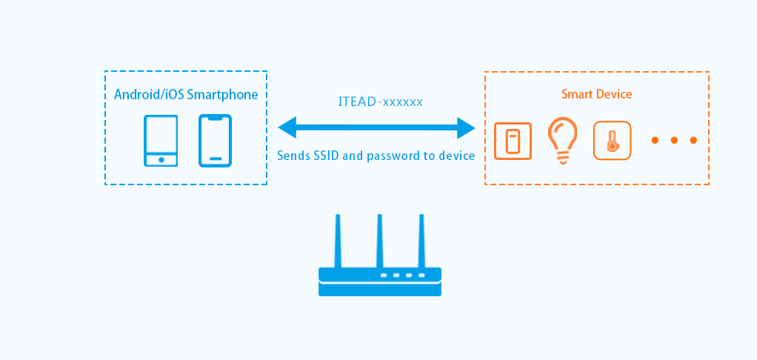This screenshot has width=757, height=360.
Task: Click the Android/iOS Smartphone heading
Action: pyautogui.click(x=186, y=95)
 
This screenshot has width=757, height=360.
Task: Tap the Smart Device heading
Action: pyautogui.click(x=596, y=94)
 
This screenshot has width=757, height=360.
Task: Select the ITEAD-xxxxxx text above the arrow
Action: pyautogui.click(x=379, y=101)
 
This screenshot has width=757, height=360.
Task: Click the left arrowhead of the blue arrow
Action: pyautogui.click(x=287, y=127)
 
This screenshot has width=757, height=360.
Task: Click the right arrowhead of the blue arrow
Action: pyautogui.click(x=466, y=127)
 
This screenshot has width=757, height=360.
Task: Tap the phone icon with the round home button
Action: pyautogui.click(x=161, y=141)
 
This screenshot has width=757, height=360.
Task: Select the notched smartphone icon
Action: pyautogui.click(x=215, y=141)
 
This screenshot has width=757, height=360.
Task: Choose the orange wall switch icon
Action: pyautogui.click(x=513, y=141)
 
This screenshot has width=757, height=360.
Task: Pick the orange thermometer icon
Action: pyautogui.click(x=612, y=141)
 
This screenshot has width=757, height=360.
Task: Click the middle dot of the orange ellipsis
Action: pyautogui.click(x=674, y=140)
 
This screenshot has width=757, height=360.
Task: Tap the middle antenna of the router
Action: pyautogui.click(x=379, y=241)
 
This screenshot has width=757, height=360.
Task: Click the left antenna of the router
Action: pyautogui.click(x=338, y=241)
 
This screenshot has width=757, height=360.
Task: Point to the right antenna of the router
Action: pyautogui.click(x=421, y=241)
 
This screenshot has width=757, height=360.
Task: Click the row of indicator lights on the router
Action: pyautogui.click(x=403, y=275)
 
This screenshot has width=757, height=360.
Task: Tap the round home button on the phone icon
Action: pyautogui.click(x=161, y=159)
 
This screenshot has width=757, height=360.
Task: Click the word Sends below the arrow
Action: pyautogui.click(x=292, y=156)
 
